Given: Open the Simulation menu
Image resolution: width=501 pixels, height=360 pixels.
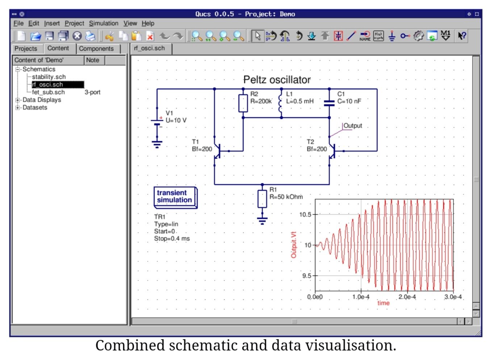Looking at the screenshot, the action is click(104, 23).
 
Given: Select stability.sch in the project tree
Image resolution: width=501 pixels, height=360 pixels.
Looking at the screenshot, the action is click(49, 77).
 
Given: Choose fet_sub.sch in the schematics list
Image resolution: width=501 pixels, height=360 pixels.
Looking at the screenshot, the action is click(48, 92).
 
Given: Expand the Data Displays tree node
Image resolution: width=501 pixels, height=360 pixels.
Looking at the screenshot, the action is click(17, 100).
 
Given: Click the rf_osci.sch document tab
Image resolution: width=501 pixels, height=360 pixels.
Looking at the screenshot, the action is click(149, 48).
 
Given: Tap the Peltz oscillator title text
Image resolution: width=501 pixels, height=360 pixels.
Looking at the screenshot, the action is click(277, 80).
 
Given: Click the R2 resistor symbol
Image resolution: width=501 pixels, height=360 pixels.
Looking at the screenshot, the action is click(243, 103).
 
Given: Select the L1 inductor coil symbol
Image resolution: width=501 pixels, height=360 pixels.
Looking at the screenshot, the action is click(280, 103).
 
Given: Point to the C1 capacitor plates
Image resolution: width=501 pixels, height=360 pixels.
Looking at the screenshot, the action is click(329, 103).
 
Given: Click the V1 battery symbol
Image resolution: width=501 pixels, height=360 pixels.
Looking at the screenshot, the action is click(157, 122).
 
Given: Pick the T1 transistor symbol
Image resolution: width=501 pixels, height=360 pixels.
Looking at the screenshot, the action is click(218, 151).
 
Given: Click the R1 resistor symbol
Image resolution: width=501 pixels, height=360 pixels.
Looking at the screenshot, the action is click(262, 199).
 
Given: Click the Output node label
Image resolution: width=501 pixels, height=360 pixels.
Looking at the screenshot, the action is click(353, 126).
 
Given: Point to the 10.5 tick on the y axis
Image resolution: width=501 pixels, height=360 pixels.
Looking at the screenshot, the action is click(305, 215).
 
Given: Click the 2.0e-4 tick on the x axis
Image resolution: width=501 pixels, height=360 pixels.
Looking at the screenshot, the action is click(407, 297).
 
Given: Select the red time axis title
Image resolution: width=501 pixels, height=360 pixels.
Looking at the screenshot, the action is click(384, 303).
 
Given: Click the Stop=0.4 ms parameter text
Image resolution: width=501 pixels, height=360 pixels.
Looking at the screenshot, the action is click(172, 239).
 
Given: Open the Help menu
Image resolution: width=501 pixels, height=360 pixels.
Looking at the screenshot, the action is click(148, 23).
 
